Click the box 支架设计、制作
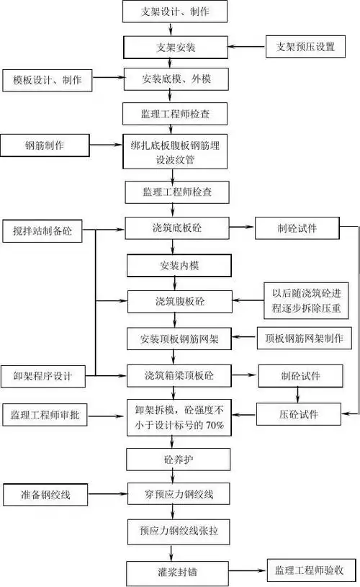tap(169, 12)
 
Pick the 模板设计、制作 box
tap(48, 79)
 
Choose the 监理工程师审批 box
tap(48, 416)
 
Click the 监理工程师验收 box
tap(310, 570)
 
